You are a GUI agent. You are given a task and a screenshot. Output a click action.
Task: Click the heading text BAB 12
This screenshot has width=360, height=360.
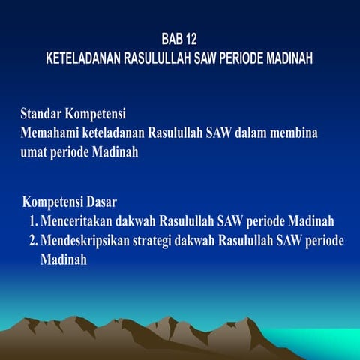pos(180,38)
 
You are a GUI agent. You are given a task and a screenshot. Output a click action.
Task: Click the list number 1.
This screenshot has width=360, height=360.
pos(34,222)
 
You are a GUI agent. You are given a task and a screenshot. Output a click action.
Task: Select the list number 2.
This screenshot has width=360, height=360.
pos(34,241)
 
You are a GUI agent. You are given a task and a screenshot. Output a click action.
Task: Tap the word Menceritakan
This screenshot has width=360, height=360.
pos(80,222)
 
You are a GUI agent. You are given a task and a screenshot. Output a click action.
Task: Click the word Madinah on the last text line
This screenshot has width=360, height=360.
pos(64,259)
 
